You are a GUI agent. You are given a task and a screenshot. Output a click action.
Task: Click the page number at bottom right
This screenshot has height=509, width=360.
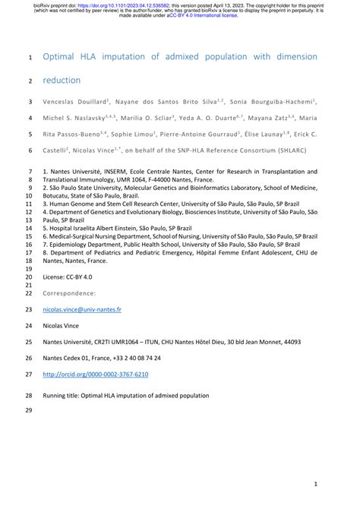[315, 483]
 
